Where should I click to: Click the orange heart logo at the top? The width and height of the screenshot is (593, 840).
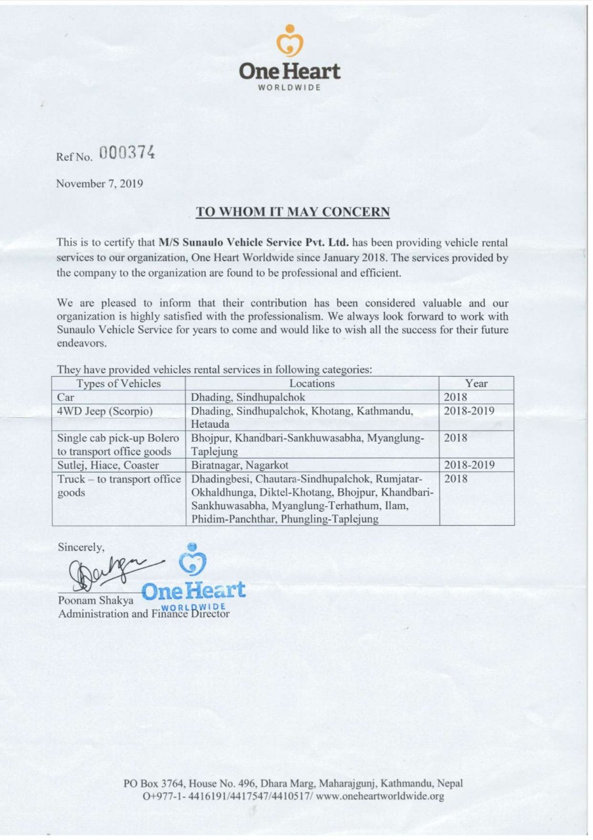290,43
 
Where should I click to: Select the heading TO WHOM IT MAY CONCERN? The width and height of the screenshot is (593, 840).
293,212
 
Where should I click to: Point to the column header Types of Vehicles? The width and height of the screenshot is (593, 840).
118,383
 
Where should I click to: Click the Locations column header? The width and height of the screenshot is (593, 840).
312,383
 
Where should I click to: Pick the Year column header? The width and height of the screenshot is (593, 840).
476,383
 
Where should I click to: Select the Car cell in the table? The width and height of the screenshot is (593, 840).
66,397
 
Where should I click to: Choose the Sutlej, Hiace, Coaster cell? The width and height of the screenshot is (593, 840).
108,465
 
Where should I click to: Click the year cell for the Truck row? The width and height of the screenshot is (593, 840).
455,479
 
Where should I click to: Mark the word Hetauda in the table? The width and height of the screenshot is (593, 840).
208,424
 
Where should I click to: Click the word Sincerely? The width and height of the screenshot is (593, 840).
81,546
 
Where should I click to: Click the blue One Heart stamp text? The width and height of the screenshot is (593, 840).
194,589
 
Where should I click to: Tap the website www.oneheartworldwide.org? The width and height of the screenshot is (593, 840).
380,797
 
